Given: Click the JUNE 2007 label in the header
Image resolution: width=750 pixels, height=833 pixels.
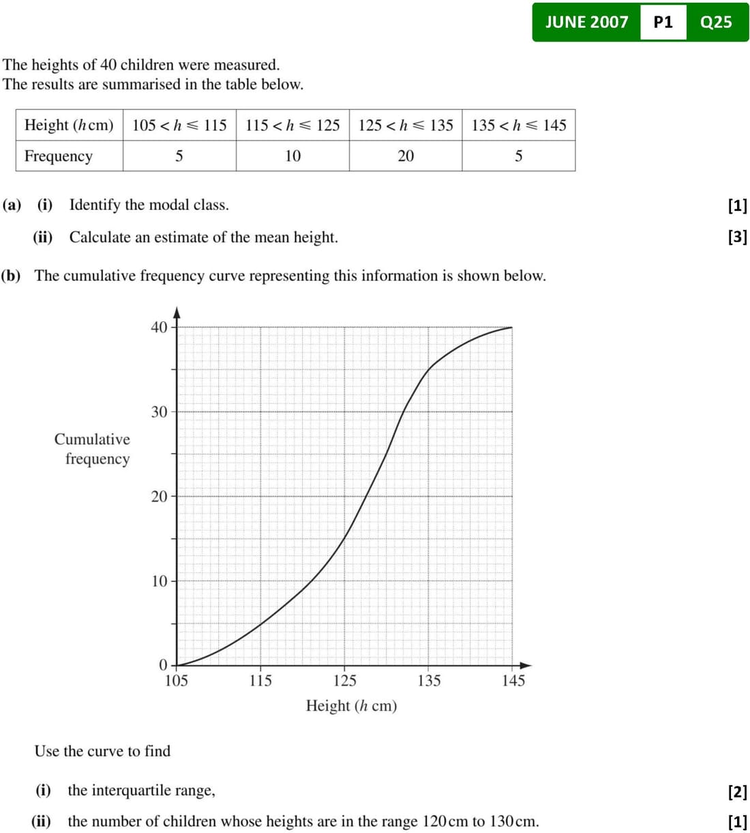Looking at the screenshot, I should pos(586,22).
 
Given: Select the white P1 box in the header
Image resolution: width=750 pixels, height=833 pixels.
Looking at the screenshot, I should pos(663,22).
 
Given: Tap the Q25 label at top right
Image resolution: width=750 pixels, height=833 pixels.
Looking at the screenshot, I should pos(716,22).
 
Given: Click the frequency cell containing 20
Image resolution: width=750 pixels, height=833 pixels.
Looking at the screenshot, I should pos(406,156).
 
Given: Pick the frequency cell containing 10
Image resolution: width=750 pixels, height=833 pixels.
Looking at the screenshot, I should pos(292,156).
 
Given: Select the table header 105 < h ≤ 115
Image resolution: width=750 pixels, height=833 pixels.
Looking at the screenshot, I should pos(179,126).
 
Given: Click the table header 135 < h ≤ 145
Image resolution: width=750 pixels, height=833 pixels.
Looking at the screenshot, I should pos(519,126).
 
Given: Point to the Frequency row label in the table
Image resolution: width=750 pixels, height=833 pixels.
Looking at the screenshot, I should pos(59,156).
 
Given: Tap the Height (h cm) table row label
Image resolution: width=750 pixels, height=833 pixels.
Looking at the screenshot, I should pos(69,126).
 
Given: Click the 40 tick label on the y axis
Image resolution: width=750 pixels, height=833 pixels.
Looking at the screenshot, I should pos(159,327).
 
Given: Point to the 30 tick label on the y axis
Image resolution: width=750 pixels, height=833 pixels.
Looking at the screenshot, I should pos(159,412).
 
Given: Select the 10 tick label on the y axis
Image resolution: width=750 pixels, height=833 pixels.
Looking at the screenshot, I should pos(159,581).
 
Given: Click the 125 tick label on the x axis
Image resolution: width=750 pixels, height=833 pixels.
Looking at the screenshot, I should pos(345,681).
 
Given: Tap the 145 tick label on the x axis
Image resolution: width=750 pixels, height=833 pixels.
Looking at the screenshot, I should pos(513,681).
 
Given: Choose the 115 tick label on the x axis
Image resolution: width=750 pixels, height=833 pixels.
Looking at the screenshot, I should pos(260,681).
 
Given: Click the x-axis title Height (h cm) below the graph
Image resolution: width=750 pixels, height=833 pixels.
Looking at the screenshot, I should pos(351,705).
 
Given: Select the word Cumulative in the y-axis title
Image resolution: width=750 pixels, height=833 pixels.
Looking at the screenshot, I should pos(92,439).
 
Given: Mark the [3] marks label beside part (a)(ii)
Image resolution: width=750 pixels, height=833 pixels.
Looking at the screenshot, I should pos(738,237).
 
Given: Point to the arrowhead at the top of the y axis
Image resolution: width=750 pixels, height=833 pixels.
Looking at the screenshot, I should pos(177,312).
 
